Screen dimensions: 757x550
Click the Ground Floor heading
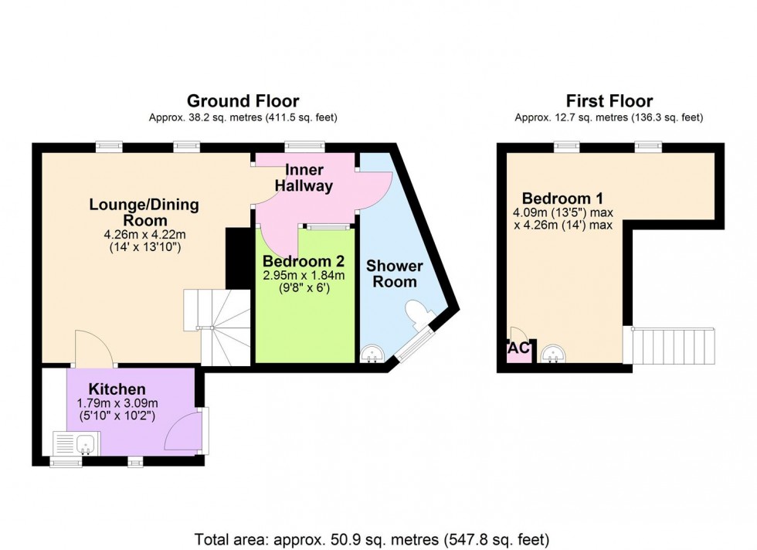[243, 101]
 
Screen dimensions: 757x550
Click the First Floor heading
[609, 101]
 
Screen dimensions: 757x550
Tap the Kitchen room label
[117, 389]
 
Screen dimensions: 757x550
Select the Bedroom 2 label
[304, 261]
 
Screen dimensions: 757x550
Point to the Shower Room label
[395, 273]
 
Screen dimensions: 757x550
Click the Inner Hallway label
[304, 178]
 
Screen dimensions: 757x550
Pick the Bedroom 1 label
[563, 198]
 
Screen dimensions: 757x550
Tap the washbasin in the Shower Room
[372, 353]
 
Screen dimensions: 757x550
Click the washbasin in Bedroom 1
[553, 354]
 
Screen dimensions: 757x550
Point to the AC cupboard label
[519, 348]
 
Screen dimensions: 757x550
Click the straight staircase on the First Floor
[669, 345]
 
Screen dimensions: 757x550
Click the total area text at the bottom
[372, 539]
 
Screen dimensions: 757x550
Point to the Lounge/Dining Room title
[144, 212]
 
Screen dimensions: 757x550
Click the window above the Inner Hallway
[304, 146]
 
